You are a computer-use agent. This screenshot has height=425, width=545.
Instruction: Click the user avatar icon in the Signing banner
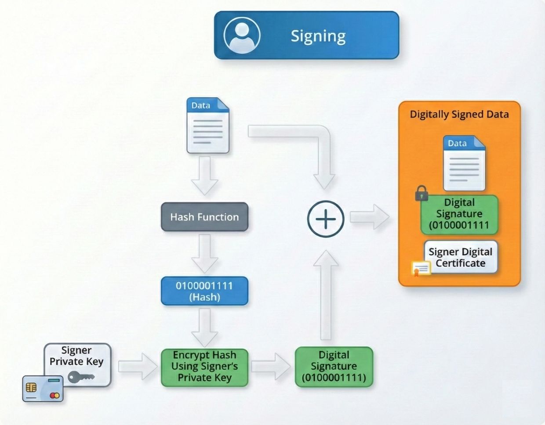click(x=242, y=35)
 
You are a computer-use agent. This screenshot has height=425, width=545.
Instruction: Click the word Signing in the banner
click(x=318, y=36)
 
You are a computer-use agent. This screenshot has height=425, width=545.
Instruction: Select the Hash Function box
click(x=204, y=217)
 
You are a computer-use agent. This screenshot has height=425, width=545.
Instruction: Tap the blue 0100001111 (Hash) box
click(x=204, y=291)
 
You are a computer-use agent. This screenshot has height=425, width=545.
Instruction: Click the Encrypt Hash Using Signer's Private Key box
click(x=204, y=367)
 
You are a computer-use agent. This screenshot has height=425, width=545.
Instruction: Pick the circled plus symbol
click(x=326, y=219)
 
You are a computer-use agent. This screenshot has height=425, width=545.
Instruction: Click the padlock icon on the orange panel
click(x=421, y=193)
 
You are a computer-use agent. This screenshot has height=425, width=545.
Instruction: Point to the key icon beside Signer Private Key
click(x=81, y=377)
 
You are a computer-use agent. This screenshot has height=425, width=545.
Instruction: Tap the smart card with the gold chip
click(x=43, y=389)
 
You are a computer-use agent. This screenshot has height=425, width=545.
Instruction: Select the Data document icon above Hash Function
click(x=208, y=126)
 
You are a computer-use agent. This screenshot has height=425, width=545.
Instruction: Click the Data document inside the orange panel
click(x=464, y=163)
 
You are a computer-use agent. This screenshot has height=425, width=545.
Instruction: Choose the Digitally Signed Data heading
click(x=459, y=115)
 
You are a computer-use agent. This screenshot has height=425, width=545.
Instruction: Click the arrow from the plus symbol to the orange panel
click(x=369, y=217)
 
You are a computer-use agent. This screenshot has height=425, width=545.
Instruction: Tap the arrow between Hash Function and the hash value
click(x=204, y=253)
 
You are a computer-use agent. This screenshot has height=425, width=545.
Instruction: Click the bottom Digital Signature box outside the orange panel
click(x=334, y=367)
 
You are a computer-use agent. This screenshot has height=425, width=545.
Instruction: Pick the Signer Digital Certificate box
click(x=461, y=257)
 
